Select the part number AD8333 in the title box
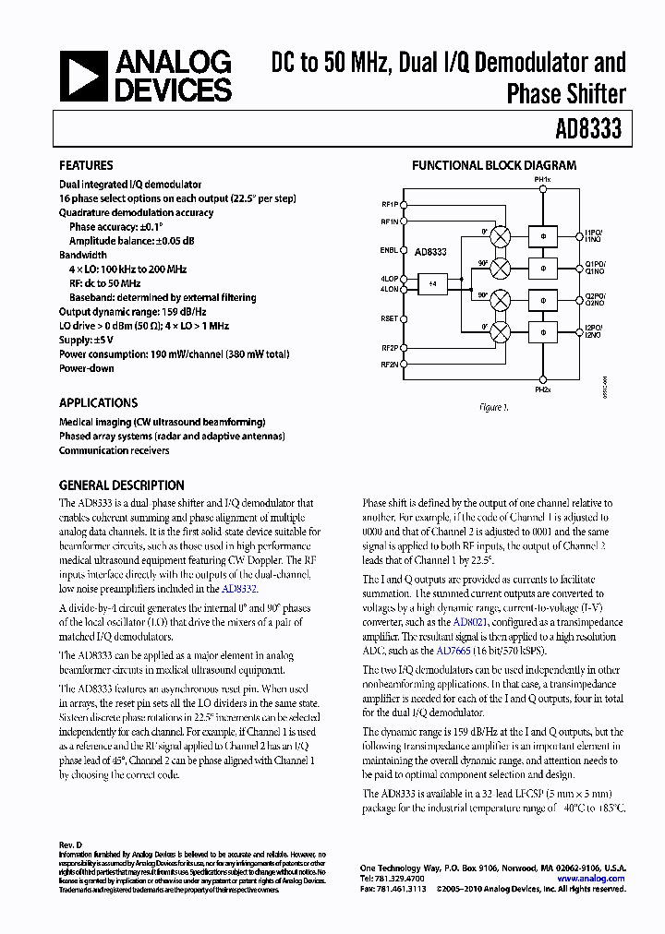click(588, 131)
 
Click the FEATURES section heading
click(86, 166)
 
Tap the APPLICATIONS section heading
click(98, 403)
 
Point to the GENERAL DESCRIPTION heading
click(121, 485)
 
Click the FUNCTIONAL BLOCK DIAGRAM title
click(493, 166)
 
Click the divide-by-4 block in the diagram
click(431, 283)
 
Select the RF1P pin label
click(390, 204)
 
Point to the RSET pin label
click(390, 317)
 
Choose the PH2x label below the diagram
click(542, 390)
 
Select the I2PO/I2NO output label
click(594, 330)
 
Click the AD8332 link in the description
click(239, 589)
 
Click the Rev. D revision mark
click(71, 845)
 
